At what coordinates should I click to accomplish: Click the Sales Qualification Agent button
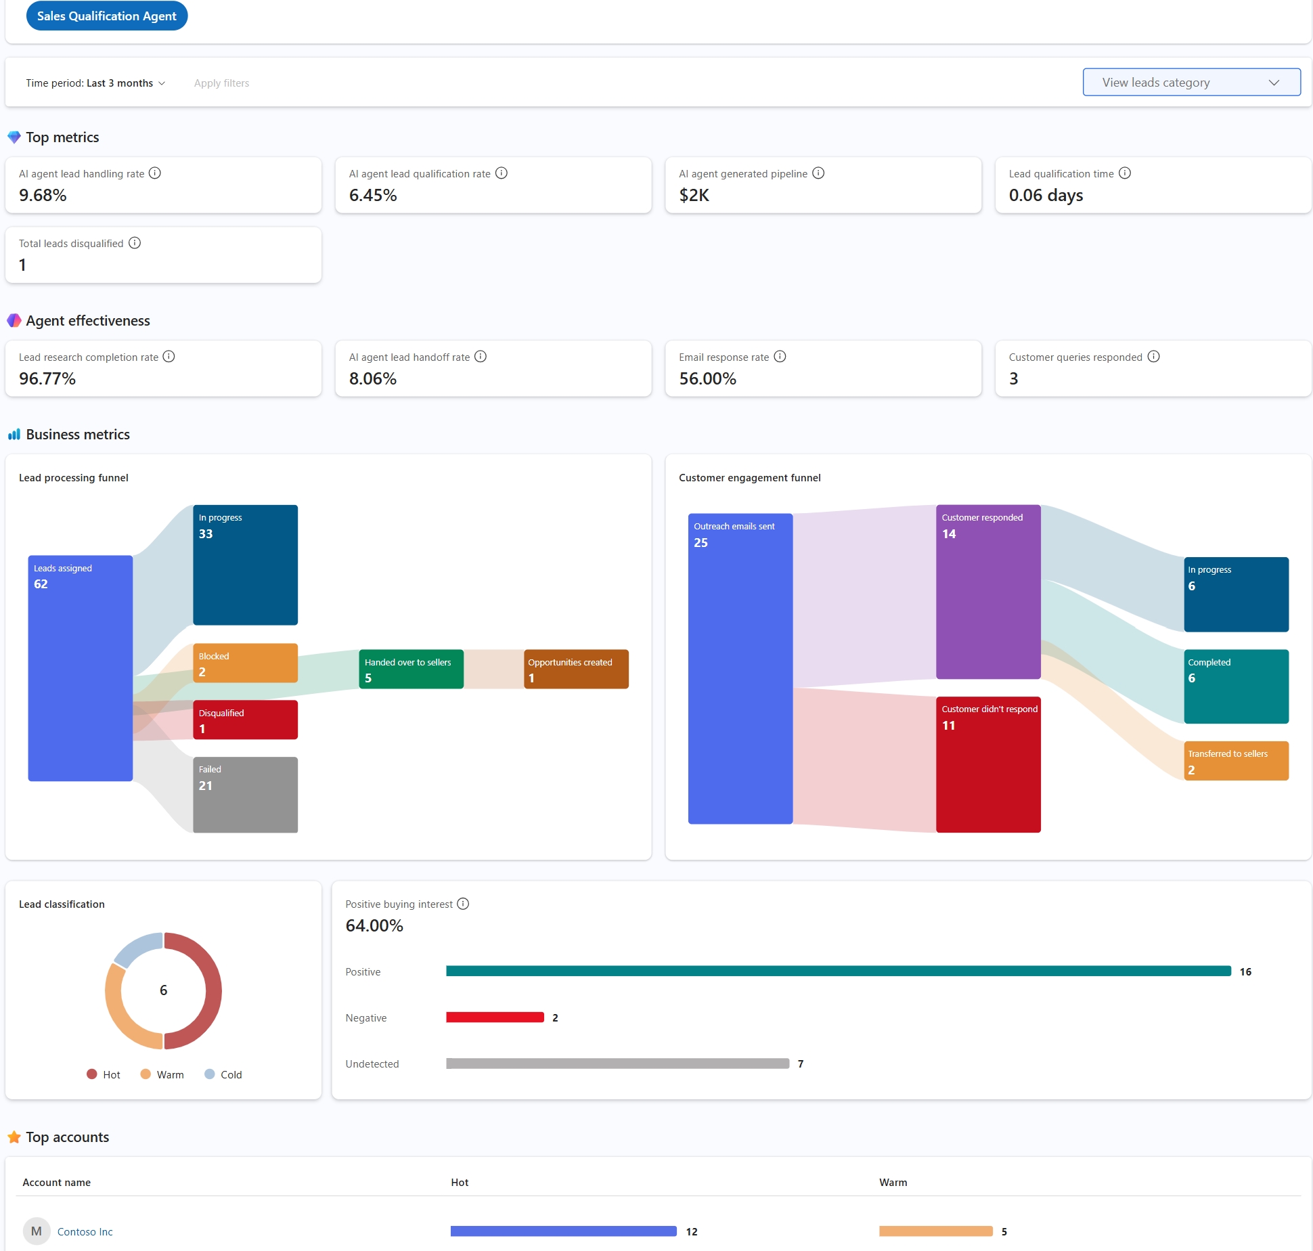coord(106,16)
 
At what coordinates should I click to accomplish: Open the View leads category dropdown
coord(1190,83)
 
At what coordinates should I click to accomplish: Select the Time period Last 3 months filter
coord(95,83)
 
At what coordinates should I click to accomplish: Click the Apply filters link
coord(221,83)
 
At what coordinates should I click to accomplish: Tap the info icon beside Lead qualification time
coord(1124,173)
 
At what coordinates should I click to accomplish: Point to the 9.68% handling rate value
coord(43,195)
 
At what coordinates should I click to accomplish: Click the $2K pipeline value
coord(694,195)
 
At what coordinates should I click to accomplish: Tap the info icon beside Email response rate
coord(780,357)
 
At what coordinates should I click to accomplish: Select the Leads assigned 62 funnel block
coord(80,667)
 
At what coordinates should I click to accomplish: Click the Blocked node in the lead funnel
coord(245,663)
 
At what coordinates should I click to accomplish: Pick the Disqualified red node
coord(245,720)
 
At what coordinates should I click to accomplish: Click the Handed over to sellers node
coord(411,669)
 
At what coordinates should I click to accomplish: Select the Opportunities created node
coord(576,669)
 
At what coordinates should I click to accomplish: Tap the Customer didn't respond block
coord(987,764)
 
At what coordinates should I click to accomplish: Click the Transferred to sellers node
coord(1235,761)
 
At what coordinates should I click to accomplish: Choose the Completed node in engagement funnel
coord(1235,686)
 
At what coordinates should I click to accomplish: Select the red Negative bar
coord(495,1017)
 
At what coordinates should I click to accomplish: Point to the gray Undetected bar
coord(617,1063)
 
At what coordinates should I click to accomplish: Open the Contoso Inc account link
coord(85,1231)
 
